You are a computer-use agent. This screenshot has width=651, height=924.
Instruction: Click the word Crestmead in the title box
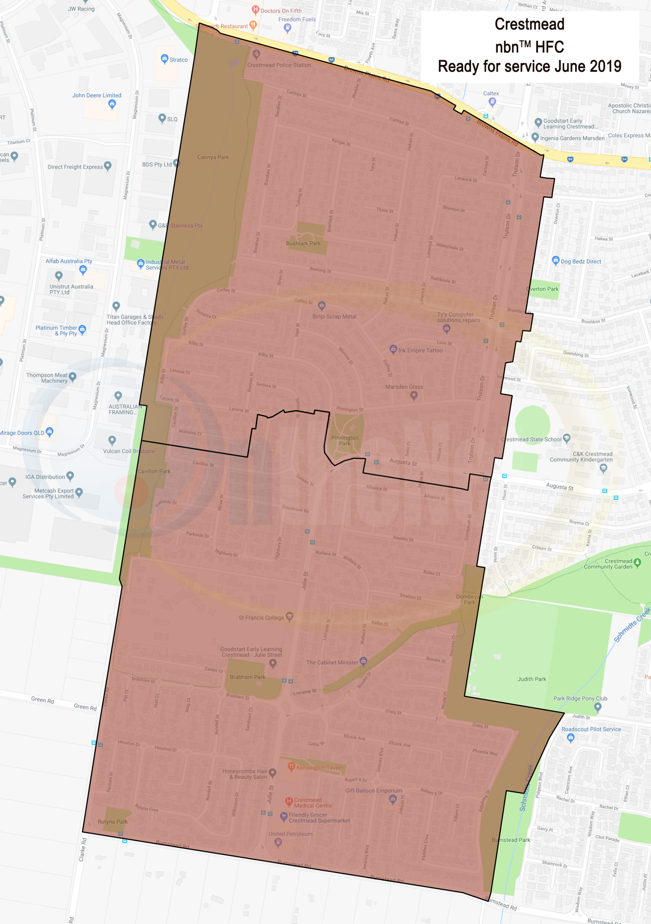(x=529, y=24)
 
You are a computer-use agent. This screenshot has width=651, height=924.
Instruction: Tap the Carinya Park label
(x=213, y=157)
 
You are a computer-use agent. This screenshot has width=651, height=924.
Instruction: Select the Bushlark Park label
(x=303, y=243)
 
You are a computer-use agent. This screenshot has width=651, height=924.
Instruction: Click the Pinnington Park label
(x=344, y=440)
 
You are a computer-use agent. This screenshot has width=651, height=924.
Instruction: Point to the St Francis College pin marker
(x=290, y=616)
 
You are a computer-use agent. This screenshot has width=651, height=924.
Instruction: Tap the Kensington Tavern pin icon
(x=291, y=766)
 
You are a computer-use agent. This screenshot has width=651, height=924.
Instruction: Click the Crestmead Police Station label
(x=279, y=65)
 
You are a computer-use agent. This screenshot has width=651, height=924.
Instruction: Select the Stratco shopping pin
(x=164, y=58)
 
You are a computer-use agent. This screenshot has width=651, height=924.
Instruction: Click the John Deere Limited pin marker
(x=112, y=104)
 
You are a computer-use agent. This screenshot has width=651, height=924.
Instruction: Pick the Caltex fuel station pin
(x=492, y=101)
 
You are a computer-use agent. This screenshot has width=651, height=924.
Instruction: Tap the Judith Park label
(x=531, y=679)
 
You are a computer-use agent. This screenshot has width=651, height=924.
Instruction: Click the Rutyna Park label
(x=113, y=822)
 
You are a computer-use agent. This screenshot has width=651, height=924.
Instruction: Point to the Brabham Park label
(x=247, y=677)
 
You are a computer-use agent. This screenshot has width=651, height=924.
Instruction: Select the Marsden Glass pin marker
(x=413, y=395)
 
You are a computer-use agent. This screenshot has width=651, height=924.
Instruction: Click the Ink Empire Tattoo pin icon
(x=393, y=349)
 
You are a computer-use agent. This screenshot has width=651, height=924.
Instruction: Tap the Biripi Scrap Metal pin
(x=322, y=306)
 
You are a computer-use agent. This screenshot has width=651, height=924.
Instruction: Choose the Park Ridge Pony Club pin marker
(x=597, y=707)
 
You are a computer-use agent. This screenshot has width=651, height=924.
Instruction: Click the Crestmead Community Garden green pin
(x=637, y=562)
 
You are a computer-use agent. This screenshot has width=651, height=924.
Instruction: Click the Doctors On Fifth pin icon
(x=255, y=9)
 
